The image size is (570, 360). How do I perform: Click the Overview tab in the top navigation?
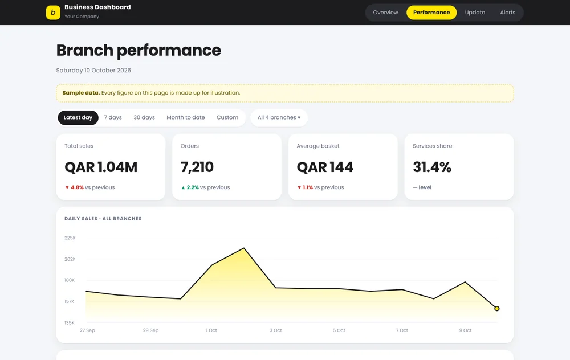coord(385,13)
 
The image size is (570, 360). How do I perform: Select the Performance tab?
coord(431,13)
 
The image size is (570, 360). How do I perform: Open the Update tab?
coord(475,13)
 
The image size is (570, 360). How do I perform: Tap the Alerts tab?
coord(507,13)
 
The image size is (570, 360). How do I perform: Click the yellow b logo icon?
coord(53,13)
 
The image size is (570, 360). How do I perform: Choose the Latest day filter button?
coord(78,118)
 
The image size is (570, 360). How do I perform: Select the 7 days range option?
coord(113,118)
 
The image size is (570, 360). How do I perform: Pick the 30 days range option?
coord(144,118)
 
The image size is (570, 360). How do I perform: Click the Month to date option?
coord(186,118)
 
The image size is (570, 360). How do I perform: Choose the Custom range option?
coord(227,118)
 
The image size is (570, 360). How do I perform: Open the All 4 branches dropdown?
coord(279,118)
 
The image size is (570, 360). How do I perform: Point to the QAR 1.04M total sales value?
coord(101,167)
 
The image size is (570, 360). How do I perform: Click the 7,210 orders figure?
coord(197,167)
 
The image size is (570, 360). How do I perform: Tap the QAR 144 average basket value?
coord(325,167)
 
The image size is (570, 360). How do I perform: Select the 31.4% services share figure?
coord(432,167)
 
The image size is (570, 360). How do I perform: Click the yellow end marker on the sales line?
coord(497,308)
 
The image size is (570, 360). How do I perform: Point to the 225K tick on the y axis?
coord(70,238)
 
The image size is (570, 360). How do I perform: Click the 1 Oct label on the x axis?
coord(211,330)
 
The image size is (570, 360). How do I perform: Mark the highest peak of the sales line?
coord(244,248)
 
